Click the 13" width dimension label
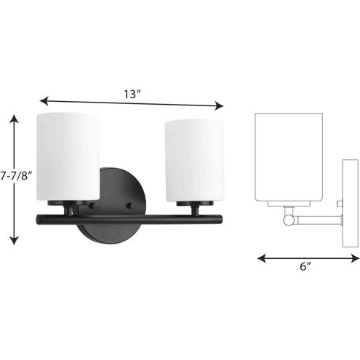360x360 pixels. pos(132,94)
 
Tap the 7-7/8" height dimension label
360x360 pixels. pos(17,175)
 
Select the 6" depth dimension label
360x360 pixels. pos(305,266)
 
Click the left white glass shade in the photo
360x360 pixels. pos(68,156)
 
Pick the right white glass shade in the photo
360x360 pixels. pos(195,161)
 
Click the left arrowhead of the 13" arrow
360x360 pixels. pos(43,101)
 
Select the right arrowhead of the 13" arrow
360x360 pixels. pos(220,106)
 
